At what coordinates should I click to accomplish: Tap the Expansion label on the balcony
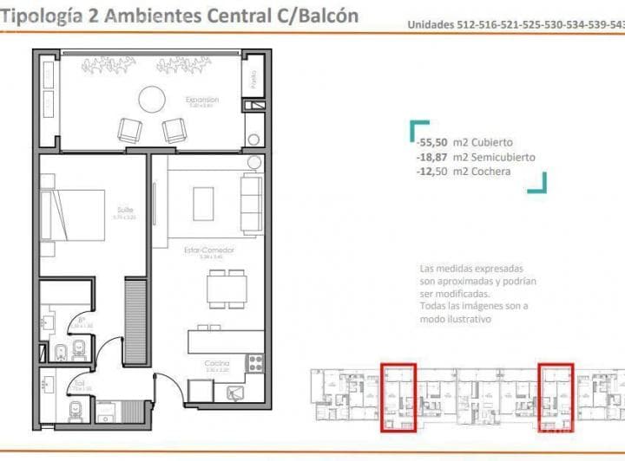(x=201, y=100)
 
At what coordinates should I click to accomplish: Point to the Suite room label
(x=125, y=211)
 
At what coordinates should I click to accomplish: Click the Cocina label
(x=216, y=363)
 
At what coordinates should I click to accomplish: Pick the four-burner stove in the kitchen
(x=256, y=363)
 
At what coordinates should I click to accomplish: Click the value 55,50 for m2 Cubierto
(x=431, y=142)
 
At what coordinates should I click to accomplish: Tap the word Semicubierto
(x=503, y=157)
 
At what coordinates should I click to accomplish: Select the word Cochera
(x=491, y=172)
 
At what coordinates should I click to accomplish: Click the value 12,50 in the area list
(x=431, y=172)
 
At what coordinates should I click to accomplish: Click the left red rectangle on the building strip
(x=398, y=397)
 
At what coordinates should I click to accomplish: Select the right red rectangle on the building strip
(x=556, y=397)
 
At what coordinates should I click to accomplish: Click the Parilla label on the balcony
(x=253, y=81)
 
